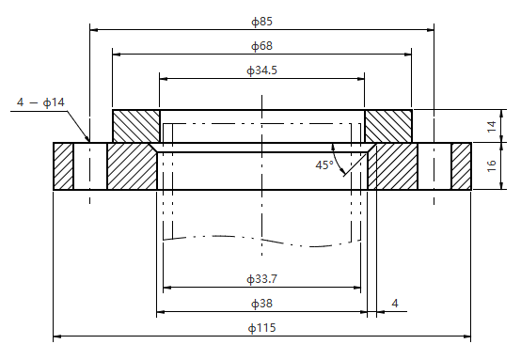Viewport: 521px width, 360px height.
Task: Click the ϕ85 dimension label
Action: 261,22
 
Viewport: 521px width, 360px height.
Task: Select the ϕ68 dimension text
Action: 261,46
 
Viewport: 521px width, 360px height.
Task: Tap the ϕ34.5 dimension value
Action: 261,70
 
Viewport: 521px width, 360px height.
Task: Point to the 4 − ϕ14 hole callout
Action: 40,102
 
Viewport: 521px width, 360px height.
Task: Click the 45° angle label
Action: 324,165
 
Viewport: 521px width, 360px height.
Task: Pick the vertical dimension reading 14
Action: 492,127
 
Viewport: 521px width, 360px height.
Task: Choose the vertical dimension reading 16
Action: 492,165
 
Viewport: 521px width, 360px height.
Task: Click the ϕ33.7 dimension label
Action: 261,279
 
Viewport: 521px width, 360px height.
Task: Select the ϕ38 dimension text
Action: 261,304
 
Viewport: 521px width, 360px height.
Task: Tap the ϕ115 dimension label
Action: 261,328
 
